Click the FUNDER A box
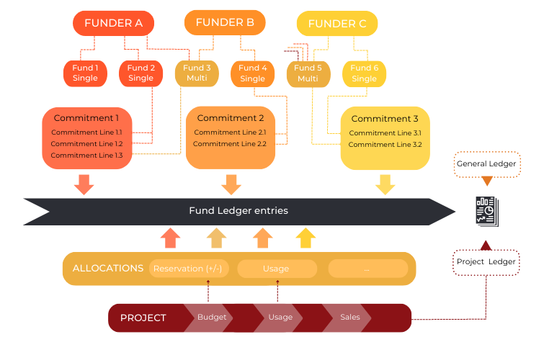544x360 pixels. tap(113, 23)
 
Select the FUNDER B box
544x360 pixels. tap(225, 22)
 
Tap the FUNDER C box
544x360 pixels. tap(337, 24)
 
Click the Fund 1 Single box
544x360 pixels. tap(85, 73)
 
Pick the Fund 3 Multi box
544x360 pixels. tap(197, 73)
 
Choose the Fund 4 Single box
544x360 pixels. tap(253, 73)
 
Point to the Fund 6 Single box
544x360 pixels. tap(365, 73)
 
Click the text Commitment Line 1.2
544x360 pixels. tap(86, 144)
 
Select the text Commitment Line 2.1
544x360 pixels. tap(230, 132)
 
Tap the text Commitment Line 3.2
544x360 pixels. tap(385, 145)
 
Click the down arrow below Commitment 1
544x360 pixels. tap(84, 184)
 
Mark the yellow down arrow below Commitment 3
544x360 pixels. tap(385, 184)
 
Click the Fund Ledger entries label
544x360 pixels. tap(238, 211)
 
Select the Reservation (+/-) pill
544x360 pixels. tap(188, 269)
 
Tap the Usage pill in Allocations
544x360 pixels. tap(276, 269)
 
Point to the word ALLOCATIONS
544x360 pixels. tap(108, 269)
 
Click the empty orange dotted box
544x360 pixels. tap(487, 164)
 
